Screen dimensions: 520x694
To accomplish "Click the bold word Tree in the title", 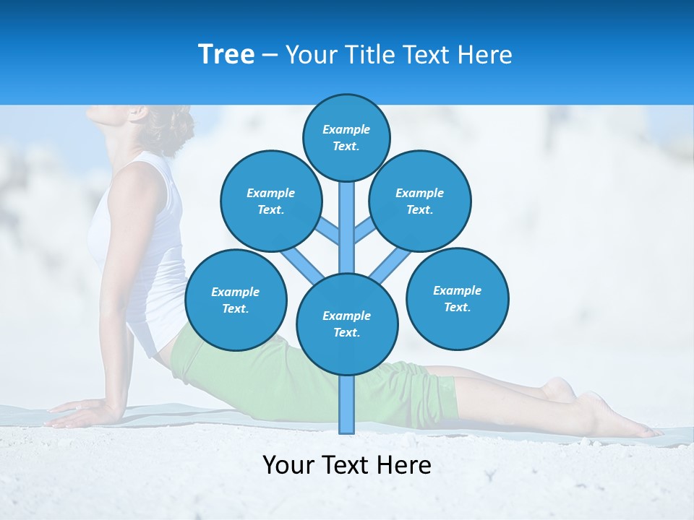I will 226,54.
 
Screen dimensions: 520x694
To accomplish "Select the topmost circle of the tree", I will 346,137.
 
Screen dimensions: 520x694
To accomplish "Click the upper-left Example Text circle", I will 270,201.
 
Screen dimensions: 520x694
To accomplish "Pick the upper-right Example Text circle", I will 420,201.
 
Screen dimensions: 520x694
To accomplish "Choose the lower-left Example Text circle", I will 236,300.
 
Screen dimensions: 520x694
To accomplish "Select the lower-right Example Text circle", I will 457,298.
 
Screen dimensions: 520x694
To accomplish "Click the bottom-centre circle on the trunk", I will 347,324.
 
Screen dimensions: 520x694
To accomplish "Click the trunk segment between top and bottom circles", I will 347,227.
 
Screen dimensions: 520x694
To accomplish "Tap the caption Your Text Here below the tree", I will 347,464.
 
